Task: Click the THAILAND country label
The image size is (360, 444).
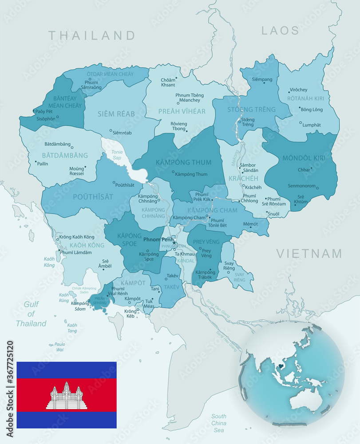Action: pos(91,35)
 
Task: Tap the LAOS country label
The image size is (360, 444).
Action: pos(280,30)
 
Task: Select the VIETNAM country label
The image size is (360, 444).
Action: pos(309,254)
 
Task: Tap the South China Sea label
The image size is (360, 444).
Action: pos(218,423)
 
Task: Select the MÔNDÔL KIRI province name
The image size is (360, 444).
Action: pos(304,158)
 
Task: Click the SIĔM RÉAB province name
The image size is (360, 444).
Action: pos(116,114)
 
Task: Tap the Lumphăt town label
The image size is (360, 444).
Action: pos(311,125)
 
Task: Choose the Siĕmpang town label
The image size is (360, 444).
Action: pos(262,79)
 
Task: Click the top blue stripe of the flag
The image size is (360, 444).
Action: pos(67,370)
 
